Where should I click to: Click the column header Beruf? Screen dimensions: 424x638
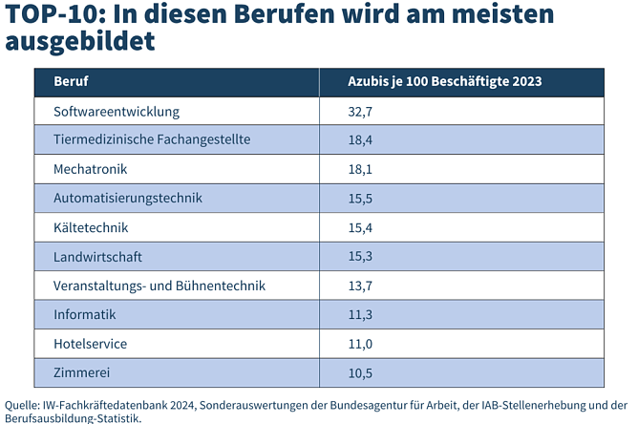click(71, 81)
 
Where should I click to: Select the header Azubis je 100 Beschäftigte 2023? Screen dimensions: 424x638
click(444, 81)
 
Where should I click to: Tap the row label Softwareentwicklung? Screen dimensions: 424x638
click(117, 111)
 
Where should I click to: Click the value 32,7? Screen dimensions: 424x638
click(361, 111)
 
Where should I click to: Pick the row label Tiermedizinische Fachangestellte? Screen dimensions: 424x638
click(151, 139)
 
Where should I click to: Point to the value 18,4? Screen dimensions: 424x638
click(361, 139)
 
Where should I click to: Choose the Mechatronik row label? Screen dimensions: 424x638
click(91, 169)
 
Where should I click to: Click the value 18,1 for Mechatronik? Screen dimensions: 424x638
click(361, 169)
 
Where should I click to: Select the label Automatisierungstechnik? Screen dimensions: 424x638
click(128, 199)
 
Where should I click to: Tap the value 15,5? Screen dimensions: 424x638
click(361, 199)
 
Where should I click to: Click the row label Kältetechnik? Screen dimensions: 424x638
click(91, 228)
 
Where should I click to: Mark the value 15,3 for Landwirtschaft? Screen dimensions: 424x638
click(361, 257)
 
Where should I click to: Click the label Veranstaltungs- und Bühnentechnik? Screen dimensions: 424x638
click(159, 286)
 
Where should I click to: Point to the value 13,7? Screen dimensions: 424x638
click(361, 286)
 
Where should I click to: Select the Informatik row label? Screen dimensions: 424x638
click(84, 314)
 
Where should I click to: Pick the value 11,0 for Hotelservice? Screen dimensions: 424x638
click(361, 344)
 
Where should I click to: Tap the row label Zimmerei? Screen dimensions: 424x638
click(80, 372)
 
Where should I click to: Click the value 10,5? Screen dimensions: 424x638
click(361, 372)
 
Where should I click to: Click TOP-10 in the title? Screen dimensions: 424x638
click(47, 15)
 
